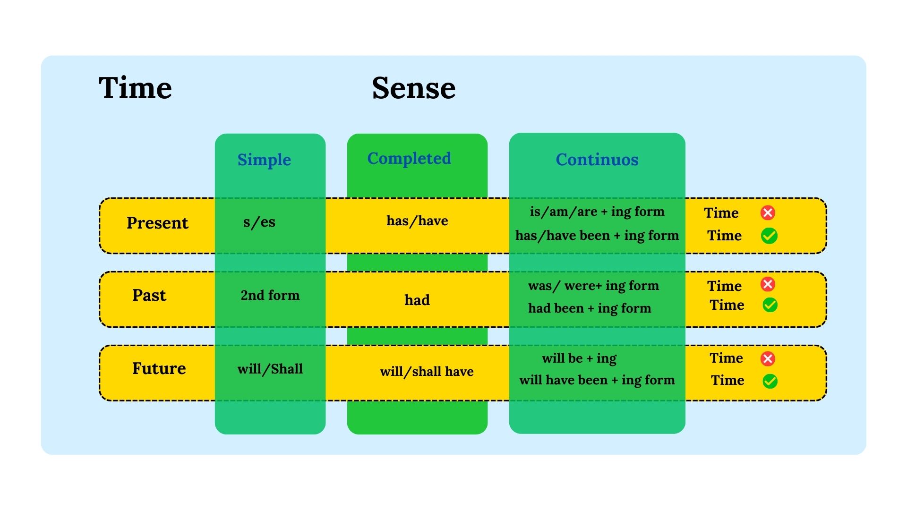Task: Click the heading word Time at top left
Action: pyautogui.click(x=135, y=88)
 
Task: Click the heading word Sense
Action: pyautogui.click(x=413, y=88)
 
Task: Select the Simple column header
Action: pyautogui.click(x=264, y=160)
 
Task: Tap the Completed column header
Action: pyautogui.click(x=409, y=158)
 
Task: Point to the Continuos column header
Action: pyautogui.click(x=597, y=160)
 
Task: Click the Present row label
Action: pyautogui.click(x=157, y=223)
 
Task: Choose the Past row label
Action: pyautogui.click(x=149, y=295)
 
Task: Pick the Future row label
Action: pyautogui.click(x=159, y=368)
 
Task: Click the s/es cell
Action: pyautogui.click(x=259, y=222)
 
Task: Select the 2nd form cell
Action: pyautogui.click(x=270, y=295)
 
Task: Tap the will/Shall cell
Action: pyautogui.click(x=270, y=369)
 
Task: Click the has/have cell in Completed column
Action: pyautogui.click(x=417, y=221)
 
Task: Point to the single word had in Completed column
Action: pyautogui.click(x=417, y=300)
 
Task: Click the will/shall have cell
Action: pyautogui.click(x=427, y=372)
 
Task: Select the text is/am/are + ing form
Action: pyautogui.click(x=597, y=212)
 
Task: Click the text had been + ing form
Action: pyautogui.click(x=589, y=308)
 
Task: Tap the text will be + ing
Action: pyautogui.click(x=579, y=358)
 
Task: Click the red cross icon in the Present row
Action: pyautogui.click(x=768, y=212)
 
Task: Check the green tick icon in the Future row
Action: pyautogui.click(x=770, y=381)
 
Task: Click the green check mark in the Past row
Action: pyautogui.click(x=770, y=305)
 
